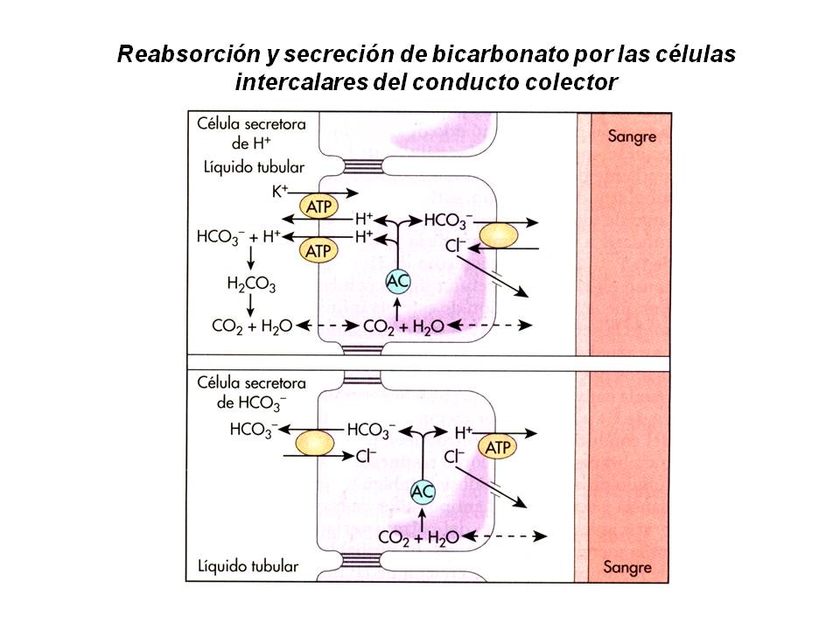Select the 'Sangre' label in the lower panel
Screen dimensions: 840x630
(x=627, y=567)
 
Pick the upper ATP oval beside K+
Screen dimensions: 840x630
(x=318, y=207)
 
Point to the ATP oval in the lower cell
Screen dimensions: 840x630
(x=497, y=448)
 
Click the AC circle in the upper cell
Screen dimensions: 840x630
(x=399, y=281)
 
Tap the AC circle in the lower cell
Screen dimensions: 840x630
(x=423, y=492)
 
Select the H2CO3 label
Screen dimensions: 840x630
(x=251, y=283)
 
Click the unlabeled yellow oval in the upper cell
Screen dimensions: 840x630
(x=496, y=235)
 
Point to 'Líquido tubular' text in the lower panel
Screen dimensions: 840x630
(x=248, y=567)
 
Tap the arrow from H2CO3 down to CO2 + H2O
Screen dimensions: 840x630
(x=251, y=304)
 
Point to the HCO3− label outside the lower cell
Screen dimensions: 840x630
(x=253, y=430)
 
